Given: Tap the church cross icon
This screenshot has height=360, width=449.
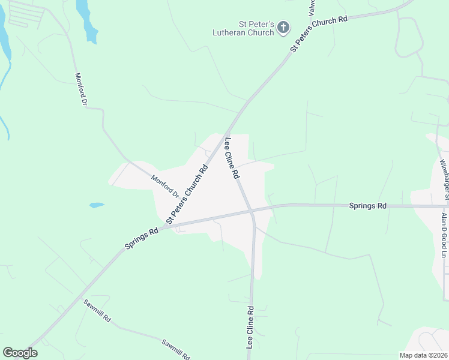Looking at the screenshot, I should pyautogui.click(x=283, y=27).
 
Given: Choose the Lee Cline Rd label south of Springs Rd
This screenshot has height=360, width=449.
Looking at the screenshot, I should pyautogui.click(x=250, y=328).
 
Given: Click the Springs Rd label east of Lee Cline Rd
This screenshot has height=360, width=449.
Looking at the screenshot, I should pyautogui.click(x=367, y=206).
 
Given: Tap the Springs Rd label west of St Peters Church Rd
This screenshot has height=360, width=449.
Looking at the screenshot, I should pyautogui.click(x=142, y=238).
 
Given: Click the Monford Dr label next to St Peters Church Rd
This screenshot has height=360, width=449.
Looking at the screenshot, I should pyautogui.click(x=165, y=185).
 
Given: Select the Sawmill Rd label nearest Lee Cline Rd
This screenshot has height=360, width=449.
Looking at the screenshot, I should pyautogui.click(x=176, y=347).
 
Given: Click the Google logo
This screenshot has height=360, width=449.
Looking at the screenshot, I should pyautogui.click(x=20, y=353).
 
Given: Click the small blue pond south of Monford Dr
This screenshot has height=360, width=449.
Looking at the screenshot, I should pyautogui.click(x=97, y=205).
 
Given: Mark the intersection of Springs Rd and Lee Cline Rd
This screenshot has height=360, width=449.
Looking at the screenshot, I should pyautogui.click(x=252, y=211).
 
